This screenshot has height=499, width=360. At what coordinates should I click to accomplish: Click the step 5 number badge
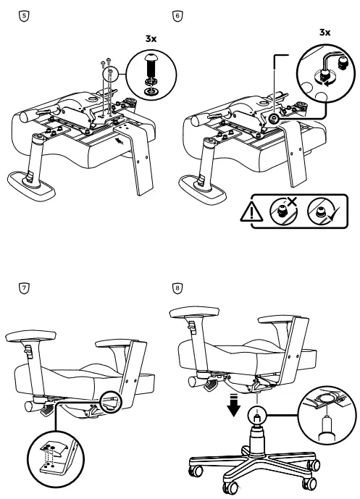[x=24, y=14]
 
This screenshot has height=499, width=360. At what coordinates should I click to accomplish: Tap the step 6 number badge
[x=178, y=14]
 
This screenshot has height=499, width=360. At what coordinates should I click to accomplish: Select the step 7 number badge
[x=24, y=288]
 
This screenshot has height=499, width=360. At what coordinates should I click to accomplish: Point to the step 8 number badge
[x=178, y=288]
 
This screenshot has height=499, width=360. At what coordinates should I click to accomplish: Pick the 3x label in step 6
[x=325, y=33]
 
